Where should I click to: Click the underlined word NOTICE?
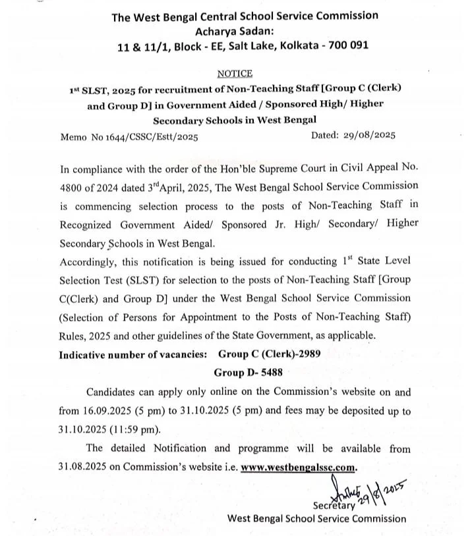click(235, 74)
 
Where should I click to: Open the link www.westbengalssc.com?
click(298, 467)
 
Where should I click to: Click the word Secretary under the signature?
click(334, 505)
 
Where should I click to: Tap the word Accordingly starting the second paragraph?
click(86, 261)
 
